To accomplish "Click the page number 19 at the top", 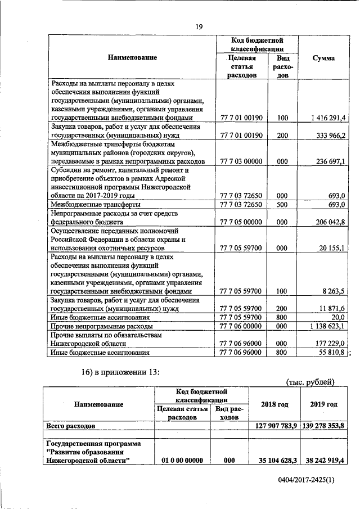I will point(199,26).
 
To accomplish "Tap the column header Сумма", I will point(323,58).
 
